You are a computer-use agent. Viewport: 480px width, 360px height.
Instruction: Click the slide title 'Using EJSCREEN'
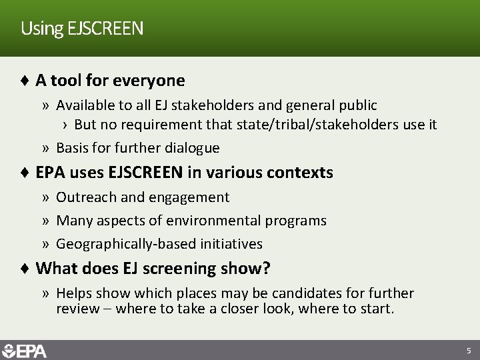(x=81, y=29)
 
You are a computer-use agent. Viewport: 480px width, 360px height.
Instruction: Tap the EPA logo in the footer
(x=25, y=351)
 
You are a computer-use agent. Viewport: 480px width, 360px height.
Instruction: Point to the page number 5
(x=469, y=351)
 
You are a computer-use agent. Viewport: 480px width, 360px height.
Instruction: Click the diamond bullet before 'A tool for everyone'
(x=25, y=81)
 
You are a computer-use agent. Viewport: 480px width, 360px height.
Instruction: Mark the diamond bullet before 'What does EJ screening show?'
(x=25, y=269)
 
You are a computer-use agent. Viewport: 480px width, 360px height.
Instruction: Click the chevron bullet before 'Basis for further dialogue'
(x=45, y=148)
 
